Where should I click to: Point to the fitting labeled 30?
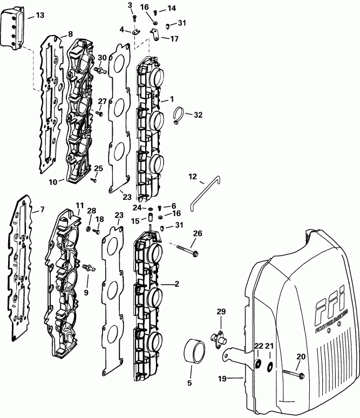tap(99, 70)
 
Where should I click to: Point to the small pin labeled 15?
tap(152, 220)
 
